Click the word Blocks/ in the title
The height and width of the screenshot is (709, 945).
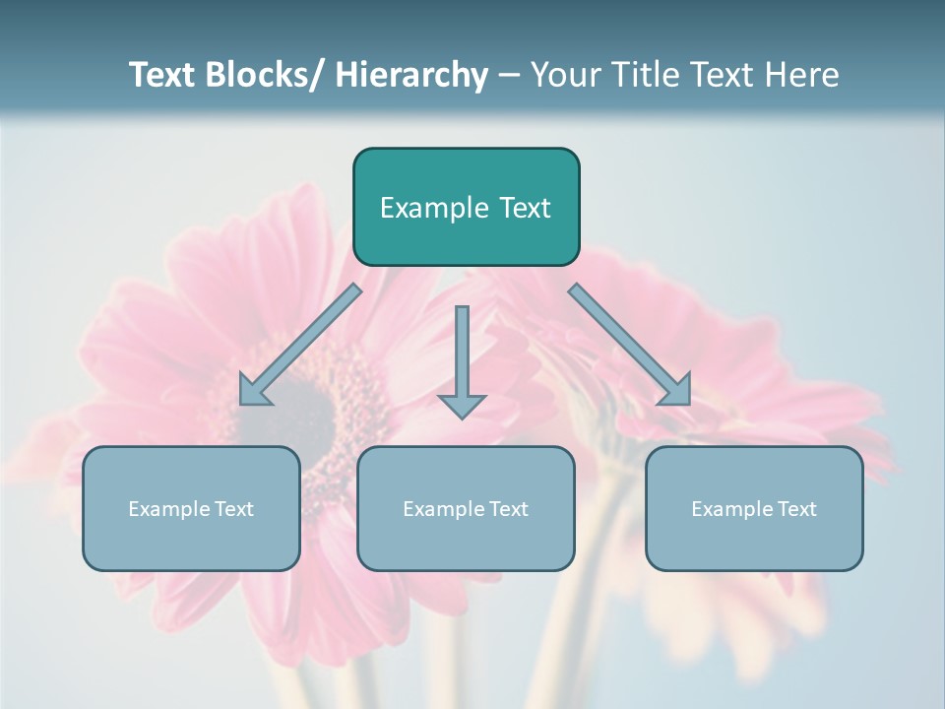coord(258,75)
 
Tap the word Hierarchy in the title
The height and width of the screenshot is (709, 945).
coord(411,75)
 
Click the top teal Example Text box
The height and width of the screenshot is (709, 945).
coord(466,207)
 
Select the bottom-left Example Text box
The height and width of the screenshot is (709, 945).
coord(191,508)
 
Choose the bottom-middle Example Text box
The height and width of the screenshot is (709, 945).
coord(466,508)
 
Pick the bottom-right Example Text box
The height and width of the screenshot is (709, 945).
coord(754,508)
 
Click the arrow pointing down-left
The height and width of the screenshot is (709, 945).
coord(300,345)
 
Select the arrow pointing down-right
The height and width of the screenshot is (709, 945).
coord(630,345)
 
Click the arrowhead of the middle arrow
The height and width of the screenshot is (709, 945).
coord(462,405)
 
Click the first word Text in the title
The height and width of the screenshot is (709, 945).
coord(164,75)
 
